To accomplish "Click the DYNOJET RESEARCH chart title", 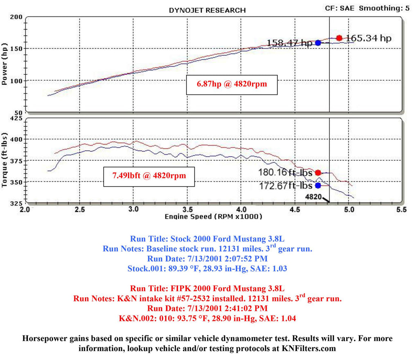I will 207,10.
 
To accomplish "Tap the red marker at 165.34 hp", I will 339,38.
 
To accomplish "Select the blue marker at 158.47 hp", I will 318,43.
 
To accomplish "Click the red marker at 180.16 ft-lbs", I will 318,173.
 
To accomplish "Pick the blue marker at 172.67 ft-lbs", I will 318,185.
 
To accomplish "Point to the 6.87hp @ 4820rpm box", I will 232,85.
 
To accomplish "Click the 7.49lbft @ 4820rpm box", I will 149,176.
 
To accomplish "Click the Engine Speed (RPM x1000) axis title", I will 214,216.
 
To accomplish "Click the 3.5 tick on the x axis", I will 187,210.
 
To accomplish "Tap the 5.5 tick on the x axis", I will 402,210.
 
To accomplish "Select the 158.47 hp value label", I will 290,43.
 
